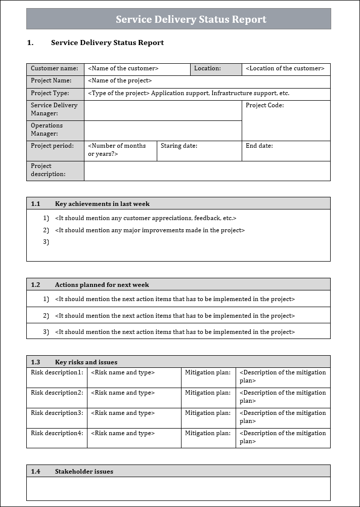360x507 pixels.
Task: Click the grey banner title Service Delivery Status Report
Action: [x=191, y=19]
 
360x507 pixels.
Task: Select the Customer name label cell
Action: [x=55, y=68]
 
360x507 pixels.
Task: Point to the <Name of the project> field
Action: [x=120, y=80]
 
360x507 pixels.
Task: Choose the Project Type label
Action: [x=50, y=93]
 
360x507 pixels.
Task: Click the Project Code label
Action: [x=264, y=105]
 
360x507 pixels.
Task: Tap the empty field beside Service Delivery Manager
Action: [x=162, y=110]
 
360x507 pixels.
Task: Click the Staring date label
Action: [x=179, y=146]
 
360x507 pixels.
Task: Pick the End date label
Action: [x=259, y=146]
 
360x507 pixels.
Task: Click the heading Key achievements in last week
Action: [x=102, y=204]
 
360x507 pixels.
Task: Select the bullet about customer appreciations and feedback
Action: [x=146, y=218]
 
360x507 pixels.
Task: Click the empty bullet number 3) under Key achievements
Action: [x=46, y=242]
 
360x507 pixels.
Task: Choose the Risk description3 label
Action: [x=57, y=413]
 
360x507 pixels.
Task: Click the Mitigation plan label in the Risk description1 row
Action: [x=207, y=372]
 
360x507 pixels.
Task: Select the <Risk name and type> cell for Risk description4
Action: [x=123, y=433]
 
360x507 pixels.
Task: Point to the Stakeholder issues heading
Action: [x=84, y=472]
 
